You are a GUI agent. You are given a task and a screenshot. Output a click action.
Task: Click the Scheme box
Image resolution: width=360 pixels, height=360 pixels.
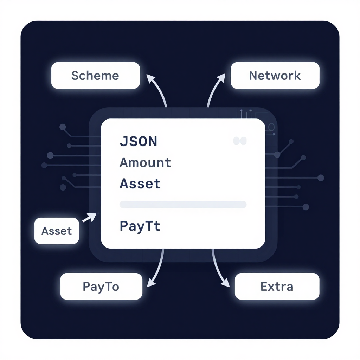point(96,75)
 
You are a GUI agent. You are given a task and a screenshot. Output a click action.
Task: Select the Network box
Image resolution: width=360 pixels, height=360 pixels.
point(275,75)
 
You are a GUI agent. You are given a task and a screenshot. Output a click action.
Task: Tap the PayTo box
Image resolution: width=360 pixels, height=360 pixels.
point(101,286)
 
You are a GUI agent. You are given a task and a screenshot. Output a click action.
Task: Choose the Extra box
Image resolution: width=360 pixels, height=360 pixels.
point(277,286)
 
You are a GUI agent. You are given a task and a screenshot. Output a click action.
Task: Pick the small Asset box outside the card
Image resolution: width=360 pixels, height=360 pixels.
point(57,231)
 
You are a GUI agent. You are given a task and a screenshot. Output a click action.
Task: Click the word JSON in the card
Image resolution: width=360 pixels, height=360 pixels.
point(139,141)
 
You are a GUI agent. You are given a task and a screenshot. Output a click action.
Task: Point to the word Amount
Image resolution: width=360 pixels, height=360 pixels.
point(145,162)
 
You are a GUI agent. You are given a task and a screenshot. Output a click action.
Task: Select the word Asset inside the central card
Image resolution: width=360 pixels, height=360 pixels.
point(140,184)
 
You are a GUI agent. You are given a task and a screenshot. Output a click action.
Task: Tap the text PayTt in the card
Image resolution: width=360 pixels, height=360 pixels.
point(140,226)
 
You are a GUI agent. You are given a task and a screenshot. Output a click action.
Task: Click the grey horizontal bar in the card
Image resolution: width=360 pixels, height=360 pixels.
point(183,204)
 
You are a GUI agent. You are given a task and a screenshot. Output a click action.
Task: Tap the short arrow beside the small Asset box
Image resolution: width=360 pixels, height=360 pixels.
point(89,217)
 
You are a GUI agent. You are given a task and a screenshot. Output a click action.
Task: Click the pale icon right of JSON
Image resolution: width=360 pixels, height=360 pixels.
point(240,141)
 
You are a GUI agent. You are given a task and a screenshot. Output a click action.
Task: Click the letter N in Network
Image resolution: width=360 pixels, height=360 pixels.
point(253,76)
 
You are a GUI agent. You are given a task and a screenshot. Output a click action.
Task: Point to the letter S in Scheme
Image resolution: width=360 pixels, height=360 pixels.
point(75,76)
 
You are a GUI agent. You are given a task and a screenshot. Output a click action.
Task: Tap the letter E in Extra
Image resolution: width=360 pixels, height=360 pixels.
point(264,287)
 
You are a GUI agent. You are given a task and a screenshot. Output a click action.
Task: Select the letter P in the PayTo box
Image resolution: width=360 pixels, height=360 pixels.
point(86,287)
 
